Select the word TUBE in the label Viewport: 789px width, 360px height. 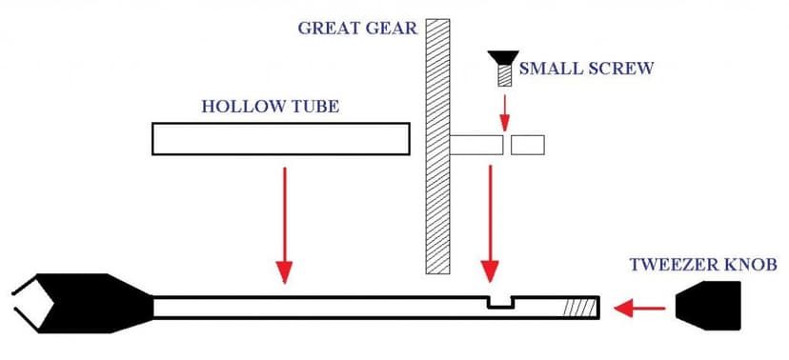pyautogui.click(x=312, y=106)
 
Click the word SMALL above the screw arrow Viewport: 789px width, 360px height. pyautogui.click(x=546, y=70)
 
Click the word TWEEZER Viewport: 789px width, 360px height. pyautogui.click(x=669, y=265)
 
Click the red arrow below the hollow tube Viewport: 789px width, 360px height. pyautogui.click(x=283, y=223)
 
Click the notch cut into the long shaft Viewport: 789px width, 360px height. pyautogui.click(x=496, y=302)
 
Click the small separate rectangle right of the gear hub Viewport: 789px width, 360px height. pyautogui.click(x=528, y=146)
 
